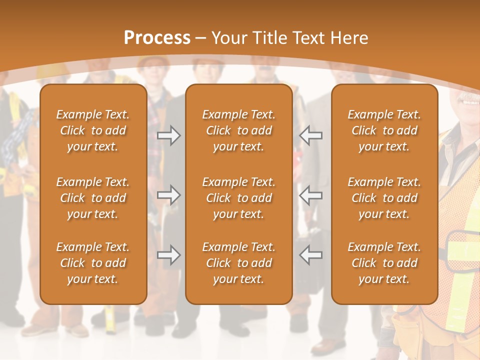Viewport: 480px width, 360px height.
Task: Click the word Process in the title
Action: pos(156,38)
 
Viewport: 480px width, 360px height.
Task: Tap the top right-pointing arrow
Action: pos(168,135)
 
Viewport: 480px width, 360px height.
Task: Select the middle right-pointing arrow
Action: pos(168,195)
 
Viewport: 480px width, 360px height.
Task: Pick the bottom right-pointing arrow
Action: pos(168,255)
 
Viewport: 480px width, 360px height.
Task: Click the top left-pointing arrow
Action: pos(310,135)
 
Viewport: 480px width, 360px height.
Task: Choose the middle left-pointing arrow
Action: pos(310,195)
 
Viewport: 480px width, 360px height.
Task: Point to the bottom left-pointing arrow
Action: pos(310,255)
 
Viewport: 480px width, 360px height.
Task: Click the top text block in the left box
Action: pos(93,130)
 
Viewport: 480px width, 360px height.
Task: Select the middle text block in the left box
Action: pos(93,198)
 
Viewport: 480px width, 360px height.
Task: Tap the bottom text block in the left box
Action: pos(93,263)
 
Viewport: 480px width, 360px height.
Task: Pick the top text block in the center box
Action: pos(238,130)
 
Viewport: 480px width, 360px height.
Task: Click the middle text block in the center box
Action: pos(238,198)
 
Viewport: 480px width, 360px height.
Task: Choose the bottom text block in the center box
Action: pos(238,263)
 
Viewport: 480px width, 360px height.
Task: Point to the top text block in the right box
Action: pos(384,130)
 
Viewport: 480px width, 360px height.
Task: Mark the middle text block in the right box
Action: pos(384,198)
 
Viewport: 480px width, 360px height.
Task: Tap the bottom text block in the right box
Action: pos(384,263)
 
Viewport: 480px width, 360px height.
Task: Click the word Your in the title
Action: pos(228,38)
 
